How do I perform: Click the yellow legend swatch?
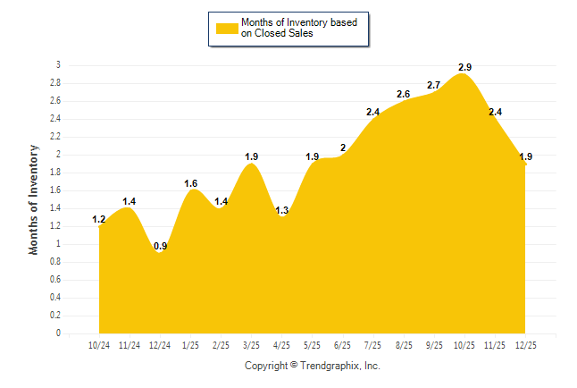[x=226, y=28]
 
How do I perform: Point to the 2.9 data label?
[x=464, y=67]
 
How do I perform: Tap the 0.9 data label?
[x=160, y=246]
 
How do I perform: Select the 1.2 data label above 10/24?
[x=99, y=219]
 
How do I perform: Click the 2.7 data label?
[x=434, y=85]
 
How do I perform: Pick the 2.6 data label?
[x=404, y=94]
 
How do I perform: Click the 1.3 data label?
[x=282, y=210]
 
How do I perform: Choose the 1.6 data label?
[x=191, y=183]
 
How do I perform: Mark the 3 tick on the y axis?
[x=59, y=65]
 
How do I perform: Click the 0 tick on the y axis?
[x=59, y=333]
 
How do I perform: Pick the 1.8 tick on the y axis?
[x=55, y=173]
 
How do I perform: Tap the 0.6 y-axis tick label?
[x=55, y=280]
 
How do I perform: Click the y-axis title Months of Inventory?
[x=34, y=199]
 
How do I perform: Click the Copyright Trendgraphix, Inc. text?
[x=313, y=366]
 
